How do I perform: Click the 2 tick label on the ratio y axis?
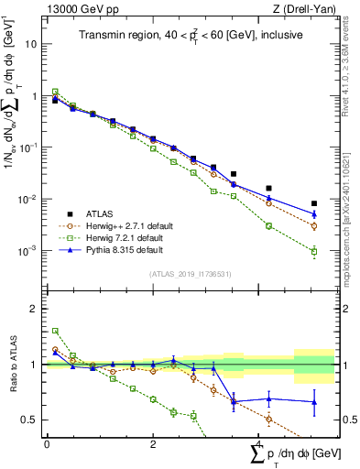pos(36,309)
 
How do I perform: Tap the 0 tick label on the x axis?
pos(47,443)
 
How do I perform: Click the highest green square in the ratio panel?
pos(55,331)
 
